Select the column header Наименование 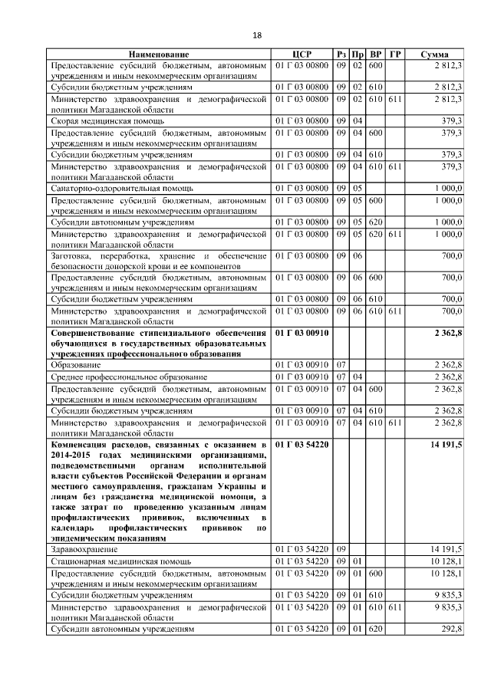(159, 55)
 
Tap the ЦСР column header (302, 55)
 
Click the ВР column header (376, 55)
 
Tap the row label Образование (77, 366)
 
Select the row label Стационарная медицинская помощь (120, 561)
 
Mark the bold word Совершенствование (101, 333)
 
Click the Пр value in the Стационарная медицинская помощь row (358, 561)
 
